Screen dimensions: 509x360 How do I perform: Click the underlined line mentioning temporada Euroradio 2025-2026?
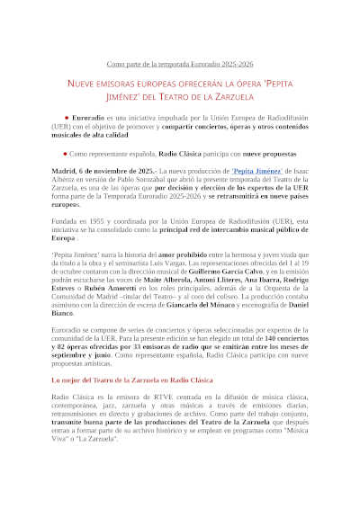click(180, 64)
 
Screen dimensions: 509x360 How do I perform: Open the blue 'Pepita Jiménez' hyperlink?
click(233, 170)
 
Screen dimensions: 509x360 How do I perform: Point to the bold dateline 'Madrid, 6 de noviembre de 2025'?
click(99, 170)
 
